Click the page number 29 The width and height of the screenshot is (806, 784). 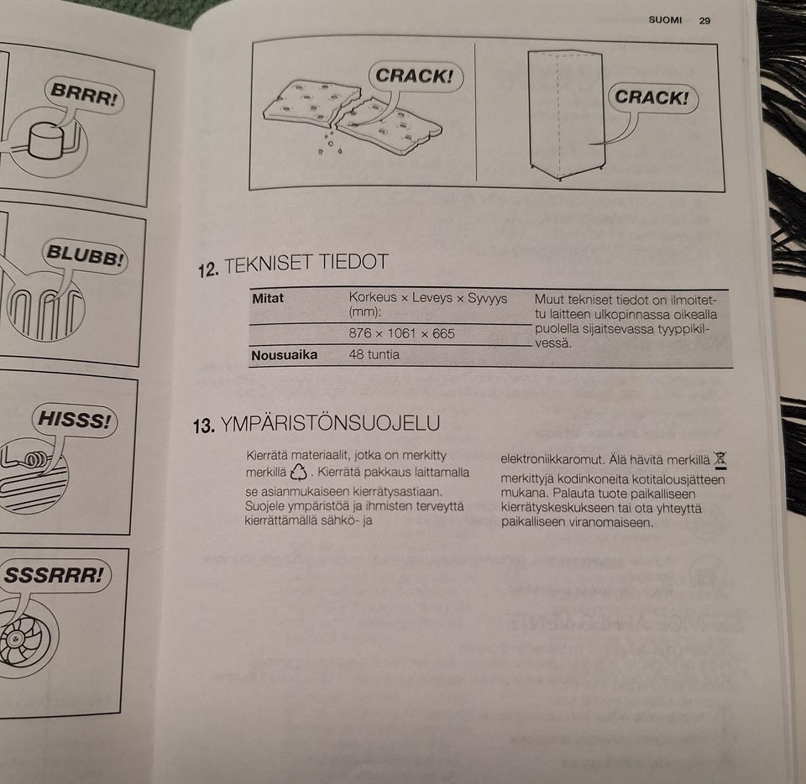(704, 21)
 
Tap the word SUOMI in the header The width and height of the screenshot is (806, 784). (665, 20)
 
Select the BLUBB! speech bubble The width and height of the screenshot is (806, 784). (85, 255)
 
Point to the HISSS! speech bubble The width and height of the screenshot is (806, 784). (75, 420)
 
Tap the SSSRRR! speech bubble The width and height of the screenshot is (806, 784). (54, 575)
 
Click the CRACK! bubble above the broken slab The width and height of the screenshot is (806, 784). (416, 76)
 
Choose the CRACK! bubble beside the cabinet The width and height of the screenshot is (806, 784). (652, 97)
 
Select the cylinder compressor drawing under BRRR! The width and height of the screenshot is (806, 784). (46, 140)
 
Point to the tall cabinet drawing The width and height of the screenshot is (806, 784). (565, 114)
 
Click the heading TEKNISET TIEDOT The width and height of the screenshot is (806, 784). (306, 263)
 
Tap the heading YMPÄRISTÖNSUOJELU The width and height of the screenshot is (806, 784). (330, 424)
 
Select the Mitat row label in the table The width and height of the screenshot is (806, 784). (268, 299)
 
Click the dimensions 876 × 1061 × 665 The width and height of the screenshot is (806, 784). (402, 333)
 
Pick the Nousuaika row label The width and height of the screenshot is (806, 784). (285, 355)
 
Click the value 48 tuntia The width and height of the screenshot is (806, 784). (374, 354)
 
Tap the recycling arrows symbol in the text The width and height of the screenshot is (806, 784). (299, 472)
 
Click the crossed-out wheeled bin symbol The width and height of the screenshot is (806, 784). (720, 460)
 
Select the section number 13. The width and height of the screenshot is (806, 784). (203, 426)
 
